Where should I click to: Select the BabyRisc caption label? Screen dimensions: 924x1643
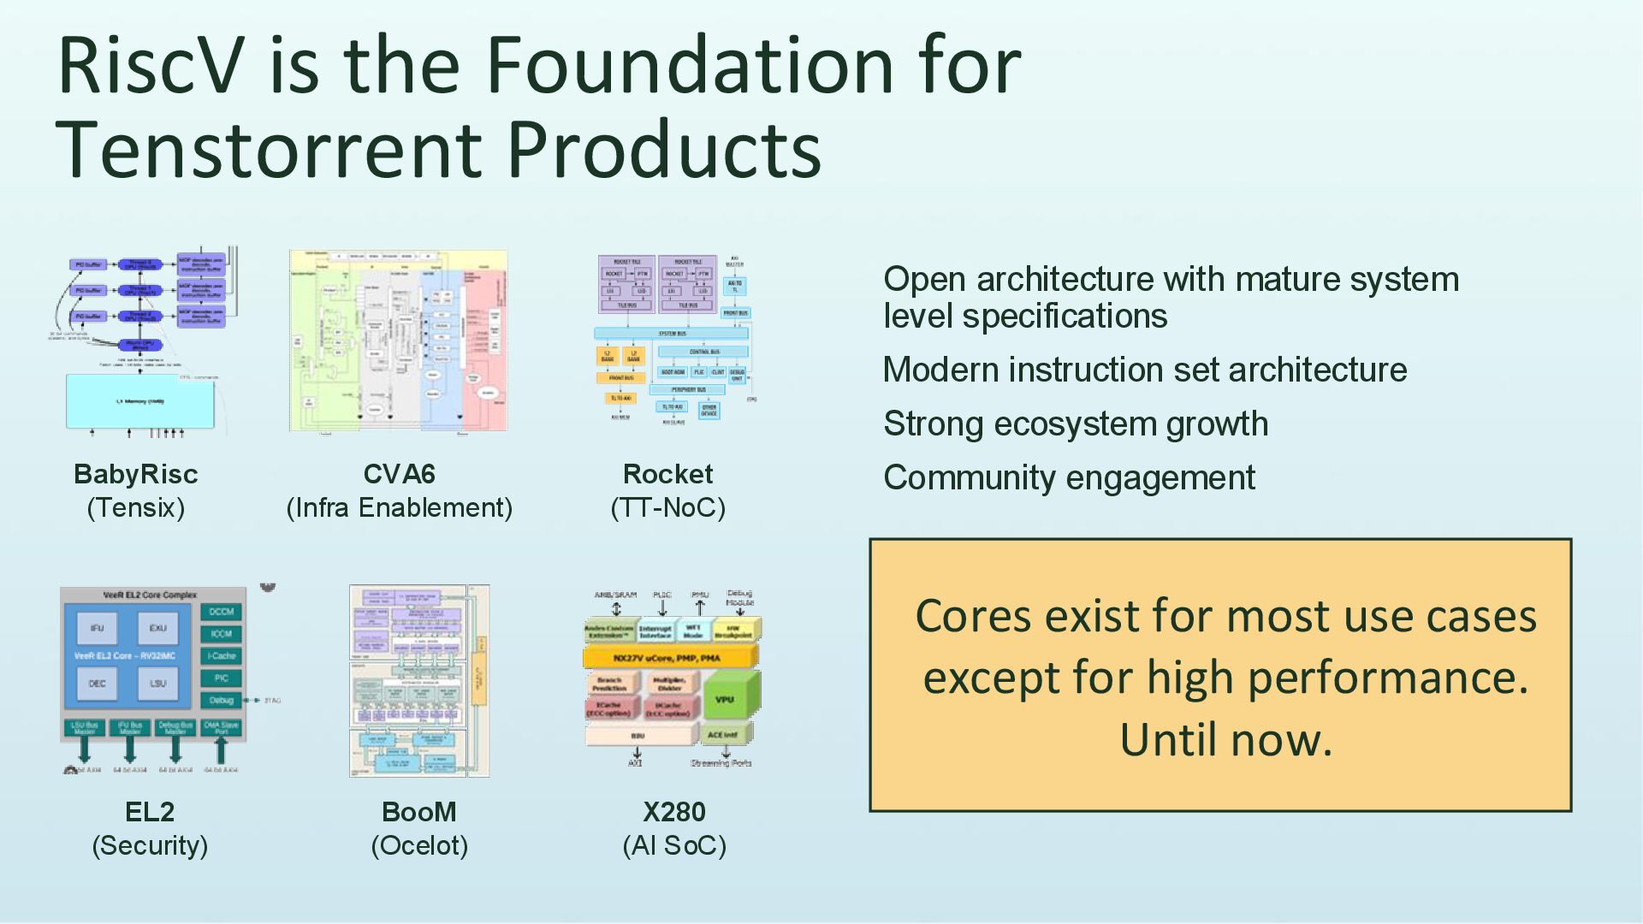tap(135, 474)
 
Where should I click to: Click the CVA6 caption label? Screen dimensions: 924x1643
tap(399, 474)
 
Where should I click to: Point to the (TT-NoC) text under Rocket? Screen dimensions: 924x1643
tap(667, 508)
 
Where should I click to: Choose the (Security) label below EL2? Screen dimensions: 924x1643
tap(150, 845)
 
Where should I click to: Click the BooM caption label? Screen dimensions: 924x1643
tap(418, 812)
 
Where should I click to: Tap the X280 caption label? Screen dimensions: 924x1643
tap(673, 812)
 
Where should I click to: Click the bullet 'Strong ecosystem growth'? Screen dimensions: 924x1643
tap(1075, 424)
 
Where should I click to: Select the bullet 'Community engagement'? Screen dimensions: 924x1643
tap(1069, 478)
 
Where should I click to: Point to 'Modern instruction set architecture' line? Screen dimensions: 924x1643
tap(1144, 370)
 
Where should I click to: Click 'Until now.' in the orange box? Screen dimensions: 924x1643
tap(1225, 739)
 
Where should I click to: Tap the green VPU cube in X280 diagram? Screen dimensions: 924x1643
tap(727, 699)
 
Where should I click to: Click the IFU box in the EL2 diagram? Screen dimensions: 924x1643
tap(97, 628)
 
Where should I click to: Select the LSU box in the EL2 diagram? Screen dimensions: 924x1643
tap(158, 683)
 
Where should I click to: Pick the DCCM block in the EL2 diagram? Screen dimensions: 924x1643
tap(222, 612)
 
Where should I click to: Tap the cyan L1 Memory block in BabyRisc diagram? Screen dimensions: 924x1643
tap(140, 400)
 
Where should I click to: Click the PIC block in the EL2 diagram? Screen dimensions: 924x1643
tap(222, 678)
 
